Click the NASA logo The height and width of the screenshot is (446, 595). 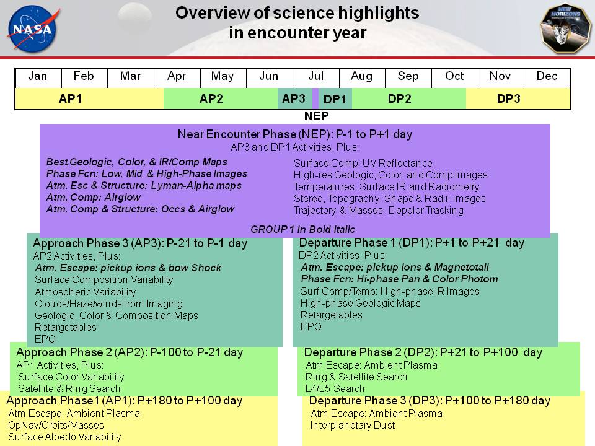point(33,28)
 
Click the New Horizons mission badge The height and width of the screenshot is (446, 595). point(566,29)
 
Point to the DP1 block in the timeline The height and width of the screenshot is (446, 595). point(335,98)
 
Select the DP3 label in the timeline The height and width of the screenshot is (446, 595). point(508,98)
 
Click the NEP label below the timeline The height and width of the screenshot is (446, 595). point(316,116)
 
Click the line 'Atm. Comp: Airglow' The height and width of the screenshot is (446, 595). point(94,197)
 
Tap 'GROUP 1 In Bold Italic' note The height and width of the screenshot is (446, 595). point(302,229)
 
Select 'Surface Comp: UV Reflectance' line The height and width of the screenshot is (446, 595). point(363,163)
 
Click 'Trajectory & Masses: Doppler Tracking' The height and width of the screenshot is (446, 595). point(378,210)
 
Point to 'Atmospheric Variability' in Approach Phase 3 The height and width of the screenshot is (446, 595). point(86,292)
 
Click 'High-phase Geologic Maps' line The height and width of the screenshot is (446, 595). point(361,303)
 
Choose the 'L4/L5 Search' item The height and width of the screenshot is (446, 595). point(335,388)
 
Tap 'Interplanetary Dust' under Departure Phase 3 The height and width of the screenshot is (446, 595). point(353,425)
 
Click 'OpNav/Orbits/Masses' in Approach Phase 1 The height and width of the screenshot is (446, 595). point(56,425)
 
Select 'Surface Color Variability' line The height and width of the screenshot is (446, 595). point(71,377)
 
